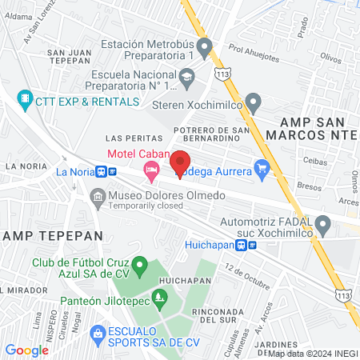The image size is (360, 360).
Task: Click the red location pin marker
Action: click(x=181, y=162)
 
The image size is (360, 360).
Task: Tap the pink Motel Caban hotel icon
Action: click(x=150, y=169)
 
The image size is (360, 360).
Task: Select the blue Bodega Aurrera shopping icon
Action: click(x=261, y=168)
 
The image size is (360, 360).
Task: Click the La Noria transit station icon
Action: click(x=101, y=171)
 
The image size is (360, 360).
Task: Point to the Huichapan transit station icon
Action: click(x=252, y=246)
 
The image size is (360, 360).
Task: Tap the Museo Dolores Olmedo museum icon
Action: click(x=98, y=196)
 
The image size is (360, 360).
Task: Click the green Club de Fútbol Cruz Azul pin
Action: click(x=140, y=265)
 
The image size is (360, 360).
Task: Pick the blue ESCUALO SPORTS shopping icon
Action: click(x=98, y=332)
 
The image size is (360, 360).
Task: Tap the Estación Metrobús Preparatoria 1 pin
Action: click(x=206, y=51)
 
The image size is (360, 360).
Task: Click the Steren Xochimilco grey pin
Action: click(x=254, y=103)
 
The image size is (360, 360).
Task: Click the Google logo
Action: click(x=26, y=350)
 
